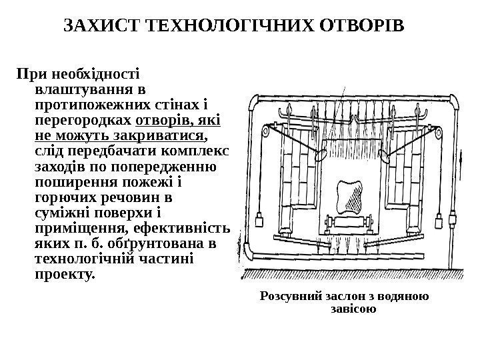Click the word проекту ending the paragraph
pyautogui.click(x=64, y=274)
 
